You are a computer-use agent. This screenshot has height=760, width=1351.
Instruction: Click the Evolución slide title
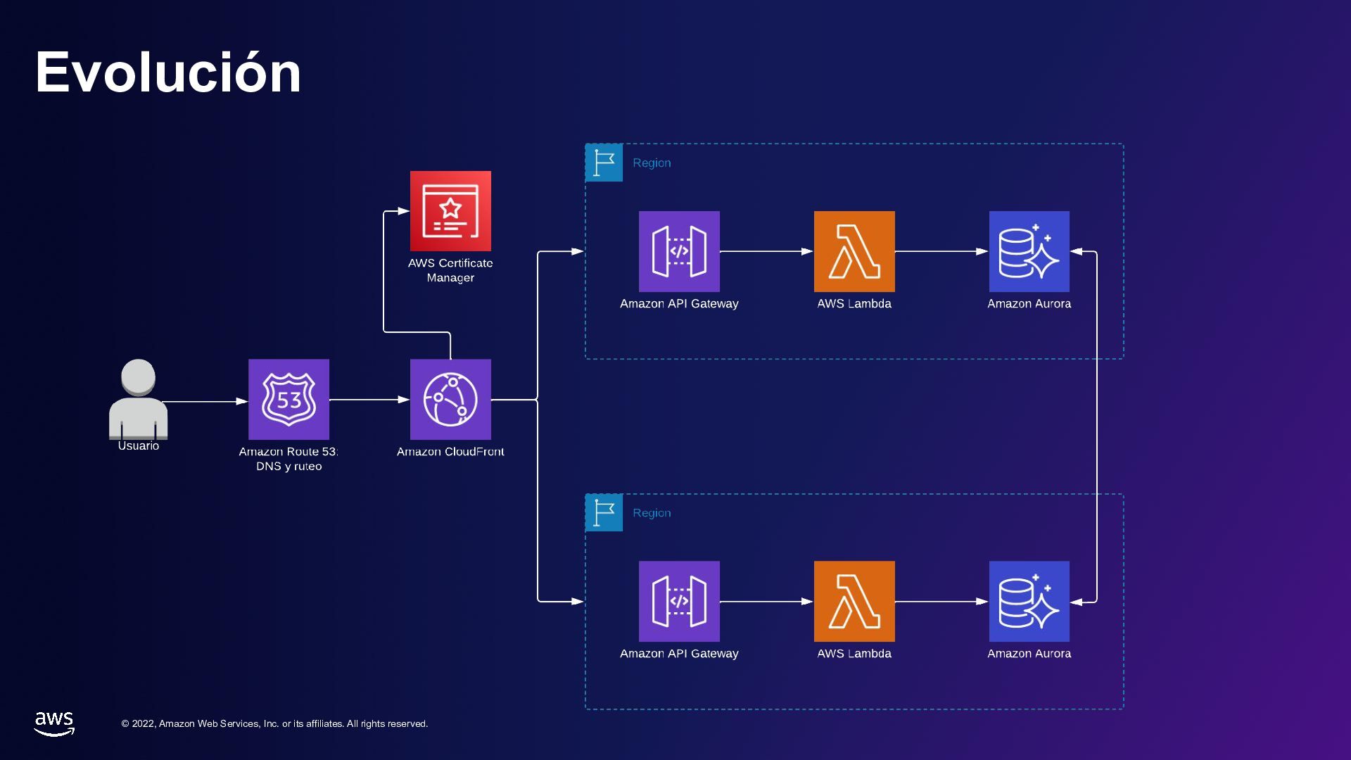tap(168, 72)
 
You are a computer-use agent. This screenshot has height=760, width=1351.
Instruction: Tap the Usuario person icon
tap(138, 399)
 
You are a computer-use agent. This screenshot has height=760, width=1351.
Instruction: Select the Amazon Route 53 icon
tap(288, 399)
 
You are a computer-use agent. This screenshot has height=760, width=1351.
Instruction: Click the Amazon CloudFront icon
tap(450, 399)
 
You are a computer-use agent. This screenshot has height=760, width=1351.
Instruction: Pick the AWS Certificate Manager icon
tap(450, 210)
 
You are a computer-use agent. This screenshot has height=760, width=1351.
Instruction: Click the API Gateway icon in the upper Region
tap(679, 251)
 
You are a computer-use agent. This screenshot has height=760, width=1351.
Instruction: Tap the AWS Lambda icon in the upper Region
tap(854, 251)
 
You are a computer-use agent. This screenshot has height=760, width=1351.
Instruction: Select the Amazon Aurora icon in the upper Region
tap(1029, 251)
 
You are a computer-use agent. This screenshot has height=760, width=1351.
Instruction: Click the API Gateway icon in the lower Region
tap(679, 601)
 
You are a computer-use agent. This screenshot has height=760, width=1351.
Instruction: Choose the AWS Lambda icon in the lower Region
tap(854, 601)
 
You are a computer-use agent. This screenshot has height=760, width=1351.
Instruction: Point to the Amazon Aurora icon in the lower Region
tap(1029, 601)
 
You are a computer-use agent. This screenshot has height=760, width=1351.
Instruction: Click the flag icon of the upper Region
tap(604, 163)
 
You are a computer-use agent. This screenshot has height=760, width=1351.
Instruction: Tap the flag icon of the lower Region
tap(604, 512)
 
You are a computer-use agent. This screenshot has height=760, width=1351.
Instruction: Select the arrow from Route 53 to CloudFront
tap(369, 399)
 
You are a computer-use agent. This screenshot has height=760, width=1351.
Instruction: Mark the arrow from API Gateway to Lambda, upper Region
tap(766, 251)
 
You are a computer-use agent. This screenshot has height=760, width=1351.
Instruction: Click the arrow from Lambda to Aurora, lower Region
tap(941, 601)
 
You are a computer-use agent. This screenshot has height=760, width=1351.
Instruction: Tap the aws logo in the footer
tap(54, 723)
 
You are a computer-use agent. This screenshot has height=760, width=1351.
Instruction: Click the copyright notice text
tap(274, 723)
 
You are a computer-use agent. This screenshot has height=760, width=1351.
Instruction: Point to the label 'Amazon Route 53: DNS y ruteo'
tap(288, 459)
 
